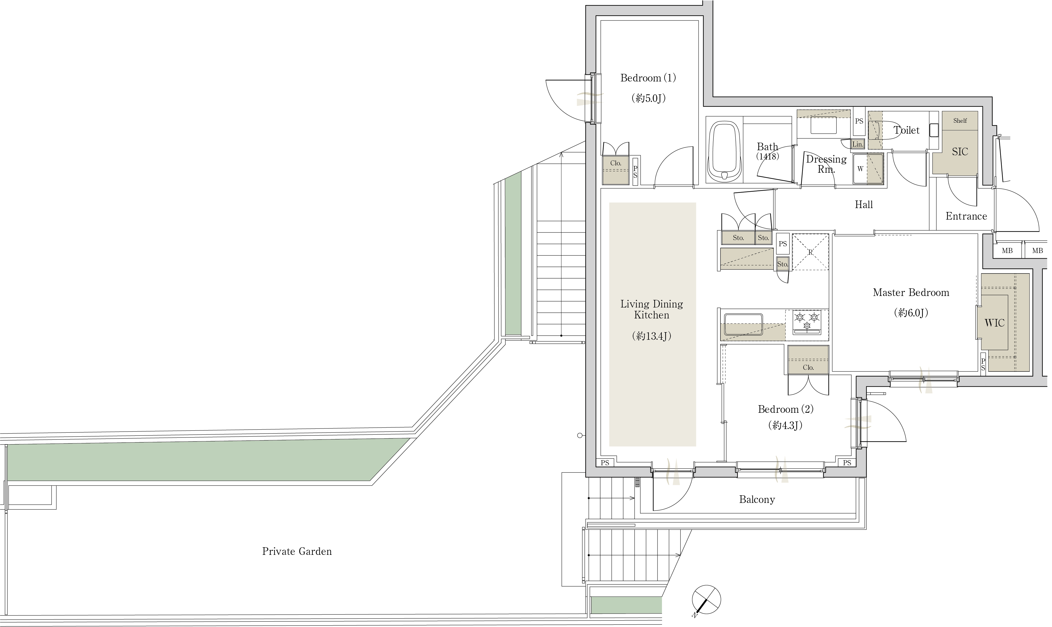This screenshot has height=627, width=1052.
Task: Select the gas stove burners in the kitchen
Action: [807, 322]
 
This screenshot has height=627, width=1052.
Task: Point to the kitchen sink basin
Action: [743, 325]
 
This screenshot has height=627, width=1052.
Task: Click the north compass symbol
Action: [706, 600]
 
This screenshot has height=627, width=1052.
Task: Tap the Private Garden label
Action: [297, 551]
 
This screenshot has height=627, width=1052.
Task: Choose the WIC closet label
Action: [994, 323]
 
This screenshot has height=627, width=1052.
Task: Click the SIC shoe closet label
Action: [960, 152]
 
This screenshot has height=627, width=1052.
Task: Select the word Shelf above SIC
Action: [960, 121]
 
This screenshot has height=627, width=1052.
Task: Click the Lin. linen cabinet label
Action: [857, 144]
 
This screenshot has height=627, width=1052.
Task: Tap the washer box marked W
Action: [860, 168]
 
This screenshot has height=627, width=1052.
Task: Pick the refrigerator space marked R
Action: [810, 252]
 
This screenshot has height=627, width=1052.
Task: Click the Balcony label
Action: [757, 500]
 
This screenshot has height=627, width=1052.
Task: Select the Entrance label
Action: [966, 216]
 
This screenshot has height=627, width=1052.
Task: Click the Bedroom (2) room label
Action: [786, 409]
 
